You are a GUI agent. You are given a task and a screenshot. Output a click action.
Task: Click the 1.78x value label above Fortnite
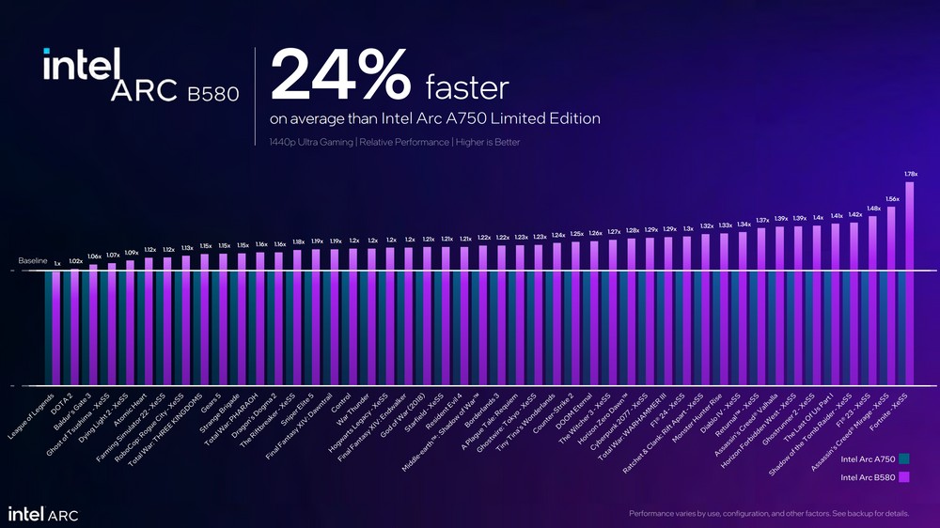click(910, 174)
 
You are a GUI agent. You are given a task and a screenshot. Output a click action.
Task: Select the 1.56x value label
click(892, 199)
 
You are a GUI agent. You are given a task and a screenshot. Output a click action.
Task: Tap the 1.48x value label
click(873, 209)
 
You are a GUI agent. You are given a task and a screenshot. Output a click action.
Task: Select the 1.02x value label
click(76, 261)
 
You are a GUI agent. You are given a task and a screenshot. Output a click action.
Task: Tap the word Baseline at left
click(33, 259)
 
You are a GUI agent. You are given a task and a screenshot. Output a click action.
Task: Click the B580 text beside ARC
click(212, 93)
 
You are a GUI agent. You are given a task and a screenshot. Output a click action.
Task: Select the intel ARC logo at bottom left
click(43, 514)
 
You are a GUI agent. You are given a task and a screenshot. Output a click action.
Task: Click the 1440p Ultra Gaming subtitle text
click(394, 142)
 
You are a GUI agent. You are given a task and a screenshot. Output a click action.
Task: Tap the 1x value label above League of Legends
click(57, 264)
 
